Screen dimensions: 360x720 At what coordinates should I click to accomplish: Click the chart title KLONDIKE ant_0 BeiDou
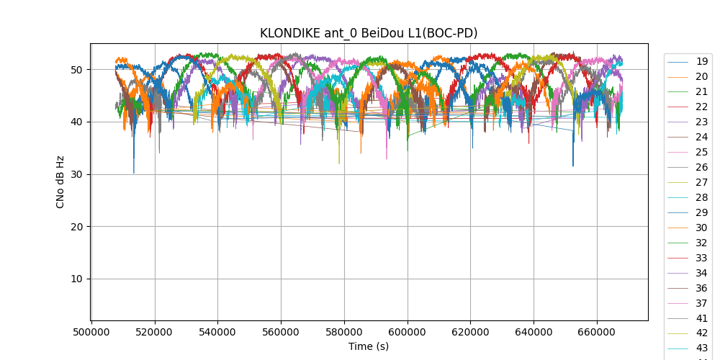[x=369, y=33]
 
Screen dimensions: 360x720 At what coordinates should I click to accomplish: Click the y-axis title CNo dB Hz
[x=60, y=182]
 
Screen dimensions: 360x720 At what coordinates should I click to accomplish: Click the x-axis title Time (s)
[x=369, y=346]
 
